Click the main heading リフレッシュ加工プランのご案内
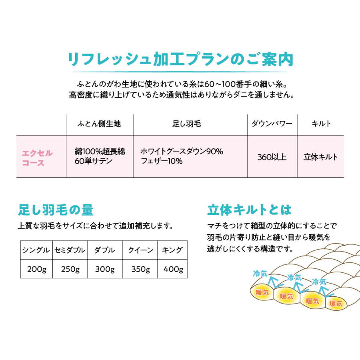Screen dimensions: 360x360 (181, 59)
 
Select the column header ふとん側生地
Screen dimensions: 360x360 (99, 124)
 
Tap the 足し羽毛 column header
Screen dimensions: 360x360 (187, 124)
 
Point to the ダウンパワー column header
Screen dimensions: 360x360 (272, 124)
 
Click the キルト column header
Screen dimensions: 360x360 (321, 124)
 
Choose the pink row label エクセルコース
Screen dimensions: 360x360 (38, 158)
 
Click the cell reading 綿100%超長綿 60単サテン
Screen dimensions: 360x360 (100, 156)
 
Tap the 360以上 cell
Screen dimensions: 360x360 (272, 157)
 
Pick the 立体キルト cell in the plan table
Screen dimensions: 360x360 (320, 157)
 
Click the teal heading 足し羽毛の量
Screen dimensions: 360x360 (56, 210)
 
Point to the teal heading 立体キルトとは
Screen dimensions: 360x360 (249, 210)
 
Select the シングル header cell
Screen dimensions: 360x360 (36, 250)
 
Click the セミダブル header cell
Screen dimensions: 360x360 (70, 250)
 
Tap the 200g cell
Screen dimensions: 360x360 (37, 269)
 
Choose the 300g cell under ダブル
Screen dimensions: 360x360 (105, 269)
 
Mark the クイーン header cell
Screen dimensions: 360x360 (140, 250)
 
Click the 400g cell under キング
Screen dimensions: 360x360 (173, 269)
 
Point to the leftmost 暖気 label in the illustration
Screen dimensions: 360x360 (262, 292)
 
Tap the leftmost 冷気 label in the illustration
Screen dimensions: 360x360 (260, 274)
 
